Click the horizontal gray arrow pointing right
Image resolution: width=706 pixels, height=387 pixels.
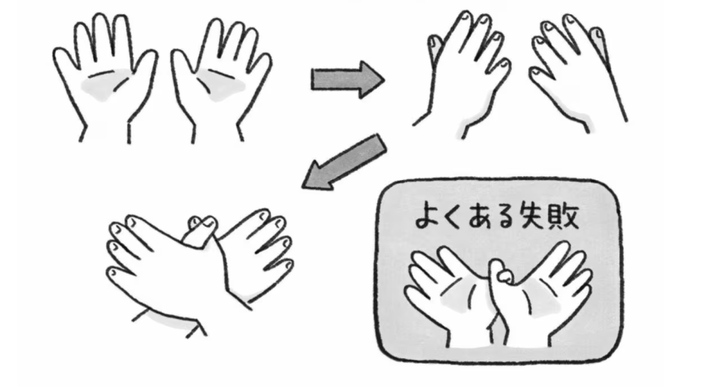(x=347, y=80)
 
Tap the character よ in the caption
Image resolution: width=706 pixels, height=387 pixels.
(x=424, y=217)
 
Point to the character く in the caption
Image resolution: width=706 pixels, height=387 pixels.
(x=448, y=217)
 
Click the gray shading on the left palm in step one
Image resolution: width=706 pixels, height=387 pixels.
(x=105, y=85)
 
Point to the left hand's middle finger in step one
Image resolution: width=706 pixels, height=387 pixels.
(x=101, y=39)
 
